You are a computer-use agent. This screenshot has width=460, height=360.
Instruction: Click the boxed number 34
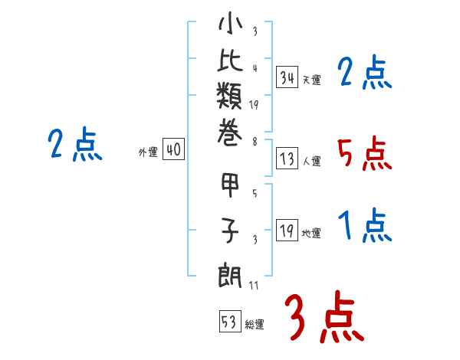[287, 77]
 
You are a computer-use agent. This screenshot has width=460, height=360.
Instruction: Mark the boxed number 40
[173, 150]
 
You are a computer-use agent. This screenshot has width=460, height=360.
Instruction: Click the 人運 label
[312, 162]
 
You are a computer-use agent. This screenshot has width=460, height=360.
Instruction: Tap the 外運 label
[148, 152]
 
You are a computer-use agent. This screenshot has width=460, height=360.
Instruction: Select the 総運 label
[255, 324]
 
